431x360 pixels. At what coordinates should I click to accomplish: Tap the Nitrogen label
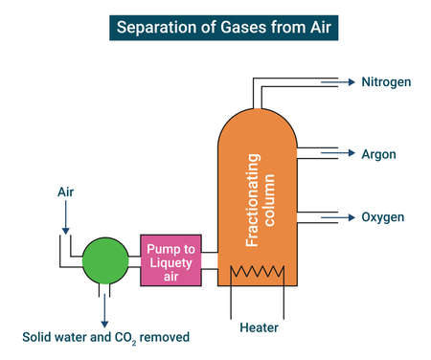tap(386, 82)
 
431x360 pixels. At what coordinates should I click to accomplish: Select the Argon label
tap(378, 154)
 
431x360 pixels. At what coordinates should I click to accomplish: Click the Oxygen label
tap(382, 217)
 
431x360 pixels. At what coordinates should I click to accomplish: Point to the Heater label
tap(259, 328)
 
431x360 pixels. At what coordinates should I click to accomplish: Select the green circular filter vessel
tap(105, 260)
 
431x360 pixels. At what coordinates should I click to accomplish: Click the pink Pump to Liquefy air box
tap(171, 260)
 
